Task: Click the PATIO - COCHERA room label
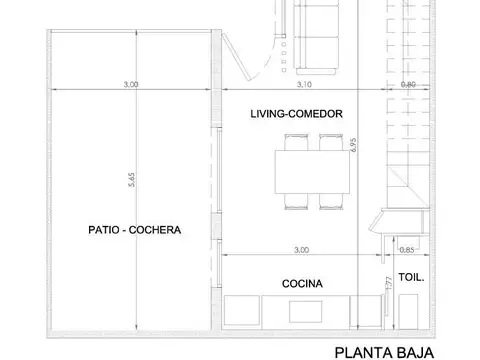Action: point(134,230)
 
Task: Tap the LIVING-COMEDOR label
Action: point(297,115)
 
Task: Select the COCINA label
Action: point(301,284)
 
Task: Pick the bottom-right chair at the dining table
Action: point(331,204)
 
